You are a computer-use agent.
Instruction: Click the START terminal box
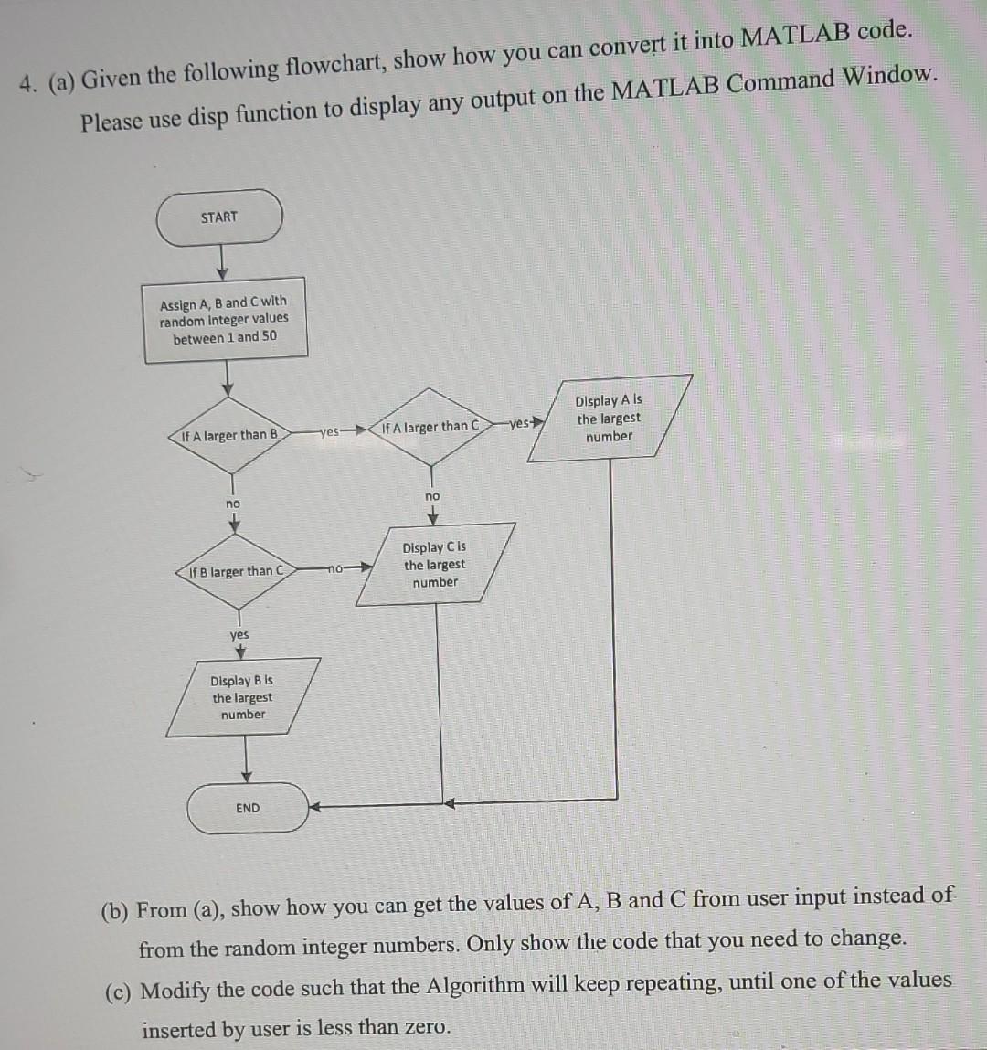click(219, 217)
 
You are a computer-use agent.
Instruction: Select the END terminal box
click(248, 808)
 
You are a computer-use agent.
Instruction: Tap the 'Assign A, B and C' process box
click(225, 319)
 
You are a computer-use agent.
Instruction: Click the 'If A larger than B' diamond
click(229, 436)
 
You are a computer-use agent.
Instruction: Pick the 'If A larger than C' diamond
click(430, 427)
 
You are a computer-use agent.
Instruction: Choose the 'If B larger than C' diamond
click(236, 571)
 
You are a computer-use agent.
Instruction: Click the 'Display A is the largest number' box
click(610, 419)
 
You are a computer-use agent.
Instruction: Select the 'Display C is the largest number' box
click(435, 564)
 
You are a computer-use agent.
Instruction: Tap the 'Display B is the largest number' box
click(242, 697)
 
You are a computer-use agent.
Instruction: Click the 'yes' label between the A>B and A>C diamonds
click(330, 430)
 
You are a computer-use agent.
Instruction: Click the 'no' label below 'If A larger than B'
click(234, 504)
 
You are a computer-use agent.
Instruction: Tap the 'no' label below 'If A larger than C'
click(432, 495)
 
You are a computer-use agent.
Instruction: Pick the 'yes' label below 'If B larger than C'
click(239, 634)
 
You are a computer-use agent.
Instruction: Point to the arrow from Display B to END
click(245, 758)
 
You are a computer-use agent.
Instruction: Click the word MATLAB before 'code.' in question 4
click(794, 37)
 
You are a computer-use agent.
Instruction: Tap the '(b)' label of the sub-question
click(116, 911)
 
